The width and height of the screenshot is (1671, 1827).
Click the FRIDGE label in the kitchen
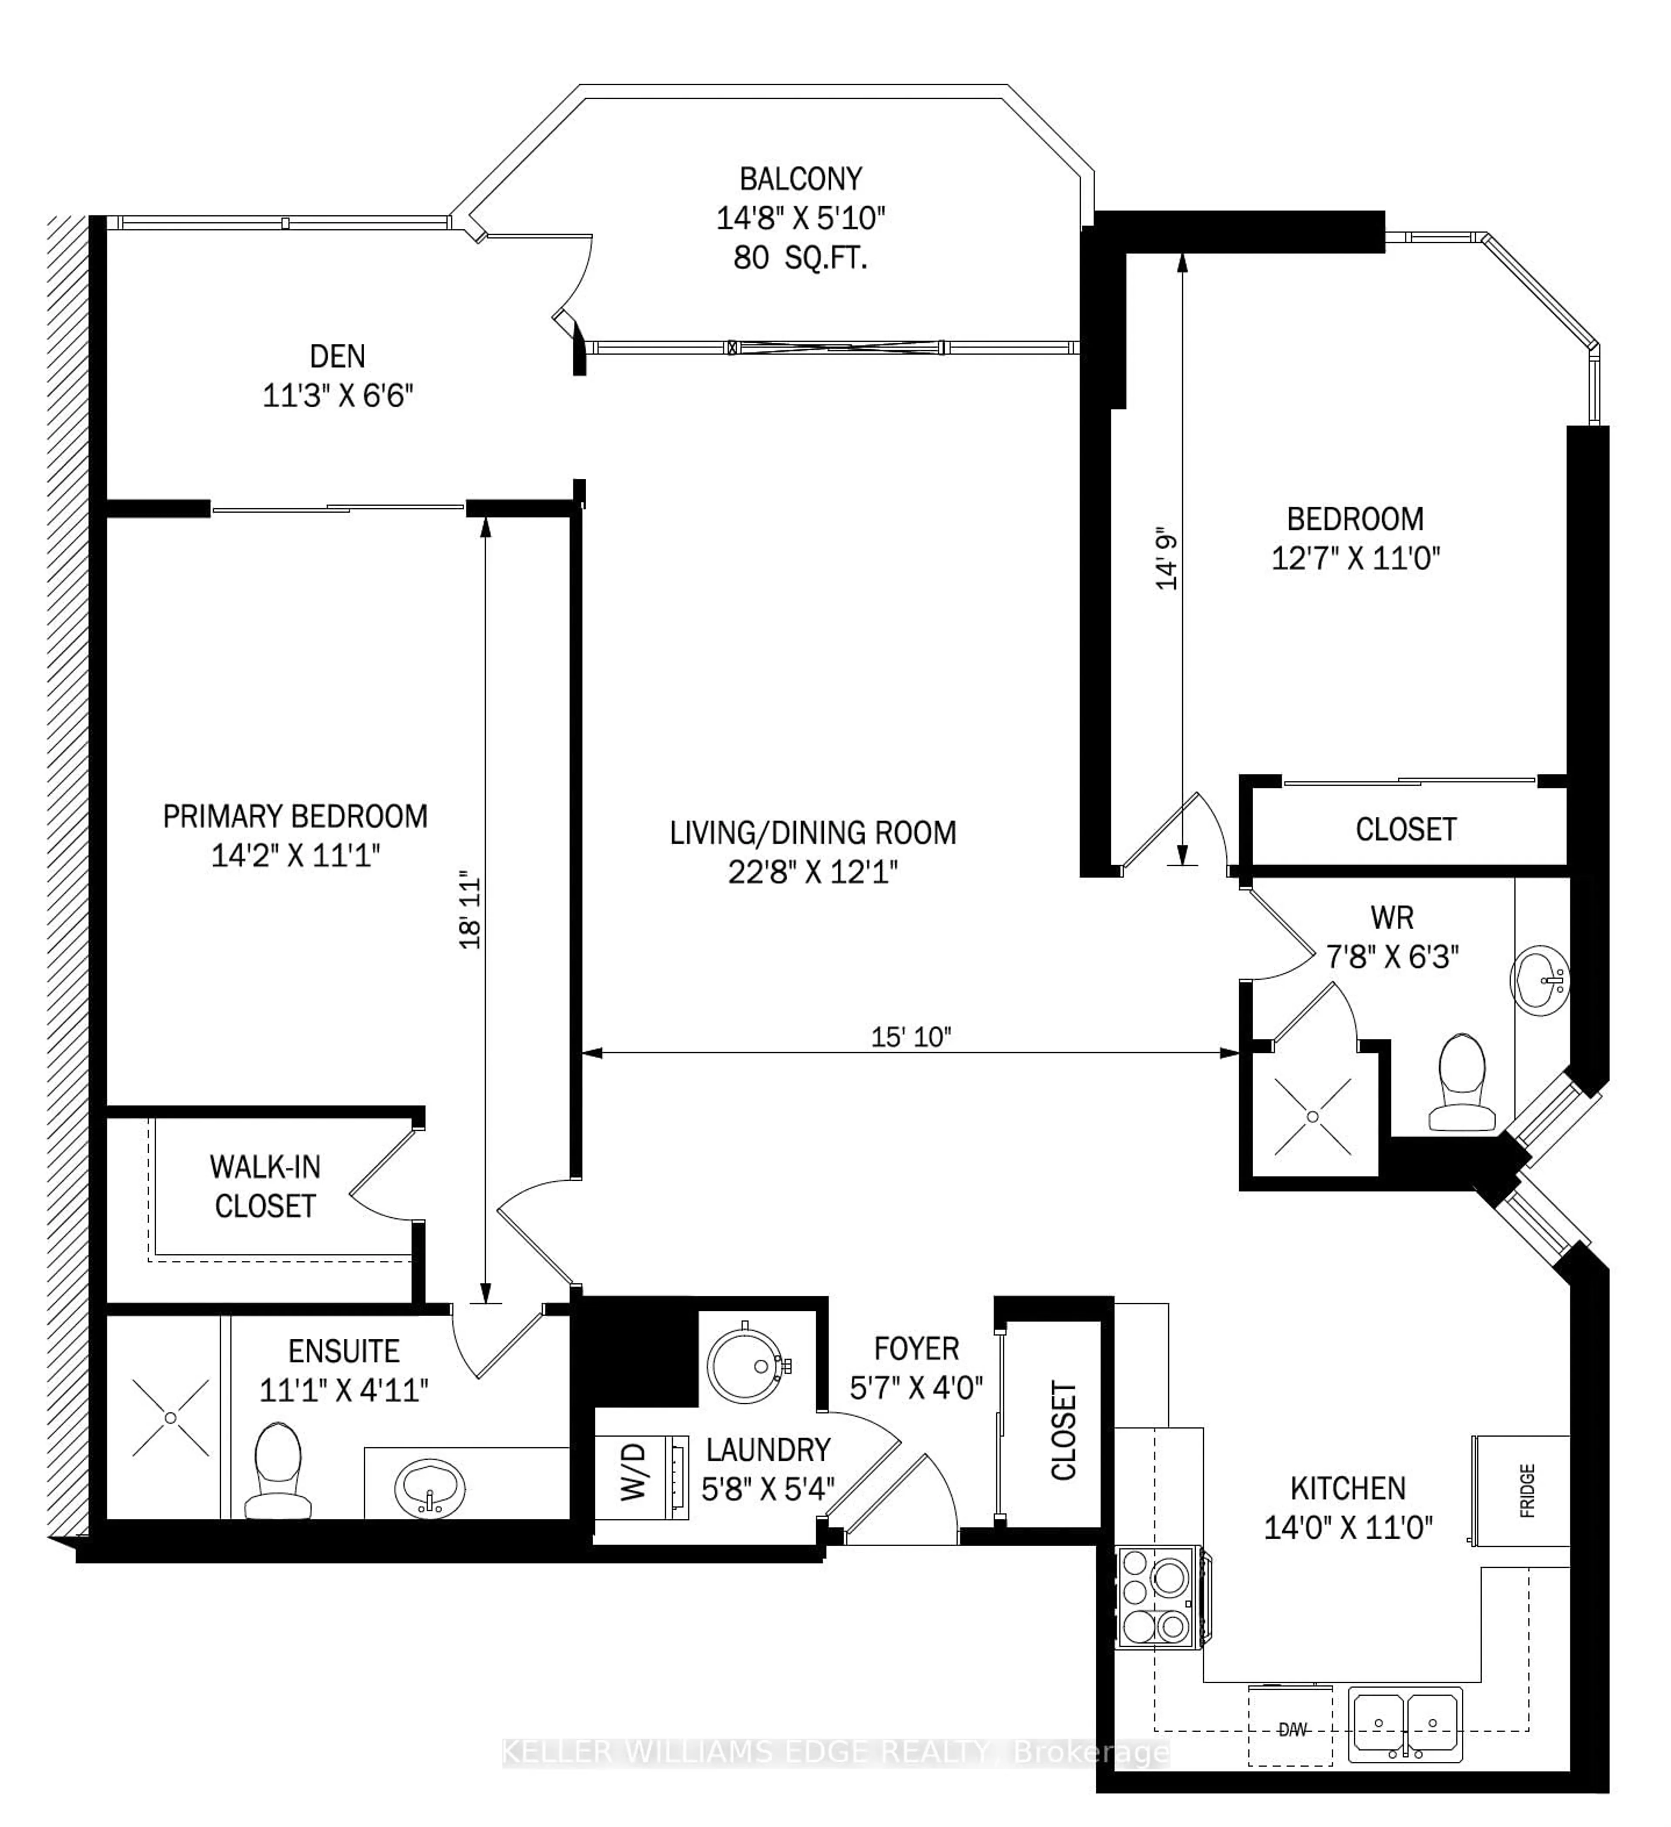pos(1527,1491)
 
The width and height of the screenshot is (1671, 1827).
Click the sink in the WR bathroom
pos(1540,981)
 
